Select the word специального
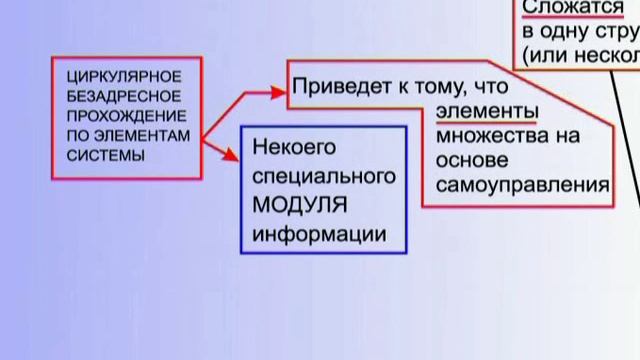click(x=317, y=177)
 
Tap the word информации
click(x=317, y=235)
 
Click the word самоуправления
click(x=529, y=185)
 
